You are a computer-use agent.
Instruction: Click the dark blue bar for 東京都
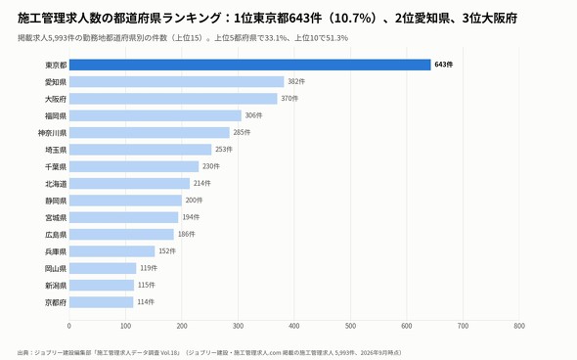pos(249,65)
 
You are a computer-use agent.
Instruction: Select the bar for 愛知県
pos(177,82)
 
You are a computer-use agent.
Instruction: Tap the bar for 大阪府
pos(173,99)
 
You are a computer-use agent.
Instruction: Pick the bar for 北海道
pos(129,183)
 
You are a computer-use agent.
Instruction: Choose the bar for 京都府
pos(101,302)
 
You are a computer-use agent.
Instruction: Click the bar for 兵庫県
pos(112,251)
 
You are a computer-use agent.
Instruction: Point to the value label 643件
pos(444,65)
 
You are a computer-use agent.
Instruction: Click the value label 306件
pos(254,115)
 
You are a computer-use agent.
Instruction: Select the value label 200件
pos(194,201)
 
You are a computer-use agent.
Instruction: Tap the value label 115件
pos(147,285)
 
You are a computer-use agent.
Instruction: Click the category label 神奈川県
pos(52,133)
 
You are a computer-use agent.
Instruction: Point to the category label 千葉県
pos(56,166)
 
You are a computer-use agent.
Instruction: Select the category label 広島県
pos(56,235)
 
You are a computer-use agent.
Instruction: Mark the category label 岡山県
pos(56,268)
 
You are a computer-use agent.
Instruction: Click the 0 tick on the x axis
pos(69,326)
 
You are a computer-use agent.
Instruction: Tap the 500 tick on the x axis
pos(351,326)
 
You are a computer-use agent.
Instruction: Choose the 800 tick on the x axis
pos(519,326)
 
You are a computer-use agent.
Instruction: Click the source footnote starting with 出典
pos(209,352)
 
